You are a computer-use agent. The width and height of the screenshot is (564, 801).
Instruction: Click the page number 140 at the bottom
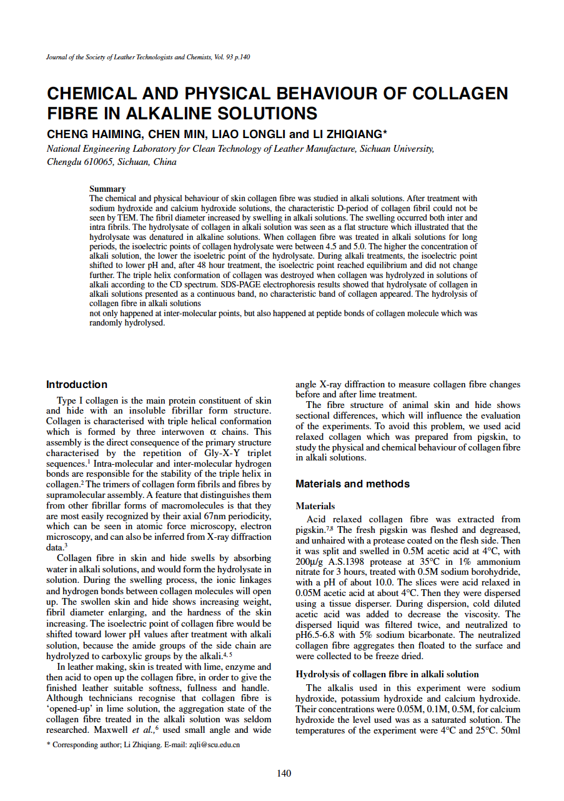[284, 774]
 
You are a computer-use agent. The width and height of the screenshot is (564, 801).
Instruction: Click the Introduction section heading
[77, 385]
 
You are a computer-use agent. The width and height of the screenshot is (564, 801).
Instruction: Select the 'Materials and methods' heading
[352, 484]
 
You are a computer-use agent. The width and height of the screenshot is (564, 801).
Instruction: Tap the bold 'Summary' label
[107, 189]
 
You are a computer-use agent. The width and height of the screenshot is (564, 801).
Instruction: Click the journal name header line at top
[149, 57]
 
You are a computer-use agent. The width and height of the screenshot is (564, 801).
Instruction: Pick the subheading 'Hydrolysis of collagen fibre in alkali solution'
[387, 674]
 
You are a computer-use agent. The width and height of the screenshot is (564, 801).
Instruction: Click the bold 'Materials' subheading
[315, 506]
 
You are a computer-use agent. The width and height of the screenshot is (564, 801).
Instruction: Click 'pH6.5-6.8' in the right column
[317, 635]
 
